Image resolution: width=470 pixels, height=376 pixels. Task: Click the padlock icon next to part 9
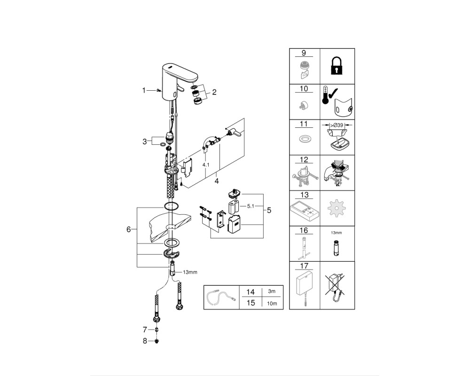pyautogui.click(x=337, y=66)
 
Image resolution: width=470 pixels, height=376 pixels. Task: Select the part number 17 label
pyautogui.click(x=304, y=266)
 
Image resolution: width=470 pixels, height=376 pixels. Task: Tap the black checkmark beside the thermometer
pyautogui.click(x=333, y=93)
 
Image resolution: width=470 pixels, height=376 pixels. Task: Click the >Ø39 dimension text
pyautogui.click(x=337, y=125)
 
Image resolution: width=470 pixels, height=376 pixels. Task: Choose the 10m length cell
pyautogui.click(x=272, y=304)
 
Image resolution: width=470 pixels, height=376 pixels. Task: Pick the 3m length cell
pyautogui.click(x=272, y=291)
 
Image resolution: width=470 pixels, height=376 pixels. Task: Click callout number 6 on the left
pyautogui.click(x=129, y=229)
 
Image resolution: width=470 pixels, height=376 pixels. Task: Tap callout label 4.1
pyautogui.click(x=206, y=165)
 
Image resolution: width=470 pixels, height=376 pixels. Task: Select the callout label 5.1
pyautogui.click(x=251, y=206)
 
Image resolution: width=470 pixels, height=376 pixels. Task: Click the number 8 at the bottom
pyautogui.click(x=145, y=341)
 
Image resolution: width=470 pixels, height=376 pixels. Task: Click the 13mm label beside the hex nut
pyautogui.click(x=190, y=272)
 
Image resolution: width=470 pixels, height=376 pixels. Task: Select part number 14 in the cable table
pyautogui.click(x=251, y=292)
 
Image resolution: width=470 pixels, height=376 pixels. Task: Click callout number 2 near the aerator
pyautogui.click(x=214, y=92)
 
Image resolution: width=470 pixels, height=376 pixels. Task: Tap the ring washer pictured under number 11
pyautogui.click(x=304, y=140)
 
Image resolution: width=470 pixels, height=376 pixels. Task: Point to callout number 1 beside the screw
pyautogui.click(x=144, y=90)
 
